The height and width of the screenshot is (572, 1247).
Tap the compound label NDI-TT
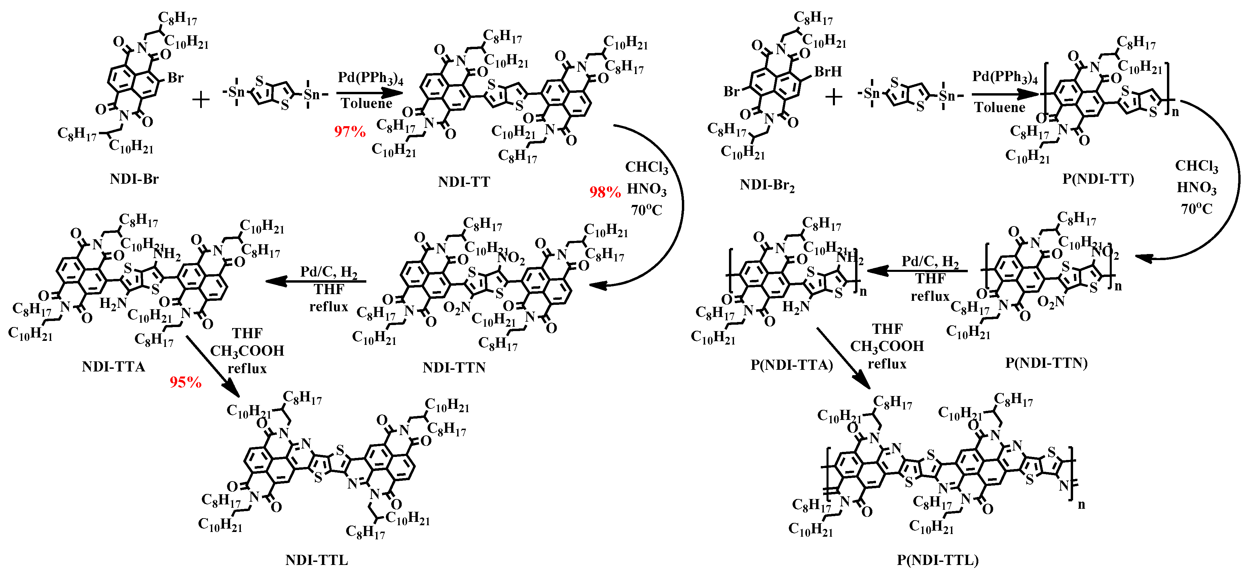[x=464, y=182]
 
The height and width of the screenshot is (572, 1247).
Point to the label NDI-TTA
[x=113, y=367]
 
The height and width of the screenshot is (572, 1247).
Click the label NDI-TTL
[x=317, y=560]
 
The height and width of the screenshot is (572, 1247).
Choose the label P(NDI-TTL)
[x=938, y=560]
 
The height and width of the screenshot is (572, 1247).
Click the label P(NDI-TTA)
[x=792, y=365]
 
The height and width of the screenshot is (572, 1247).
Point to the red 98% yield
[x=604, y=192]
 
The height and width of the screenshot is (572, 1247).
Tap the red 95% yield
[x=185, y=383]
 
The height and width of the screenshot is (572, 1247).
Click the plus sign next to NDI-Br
[x=201, y=100]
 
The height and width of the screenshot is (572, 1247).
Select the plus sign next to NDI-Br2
[x=834, y=97]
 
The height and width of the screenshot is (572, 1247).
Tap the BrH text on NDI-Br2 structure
[x=828, y=72]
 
